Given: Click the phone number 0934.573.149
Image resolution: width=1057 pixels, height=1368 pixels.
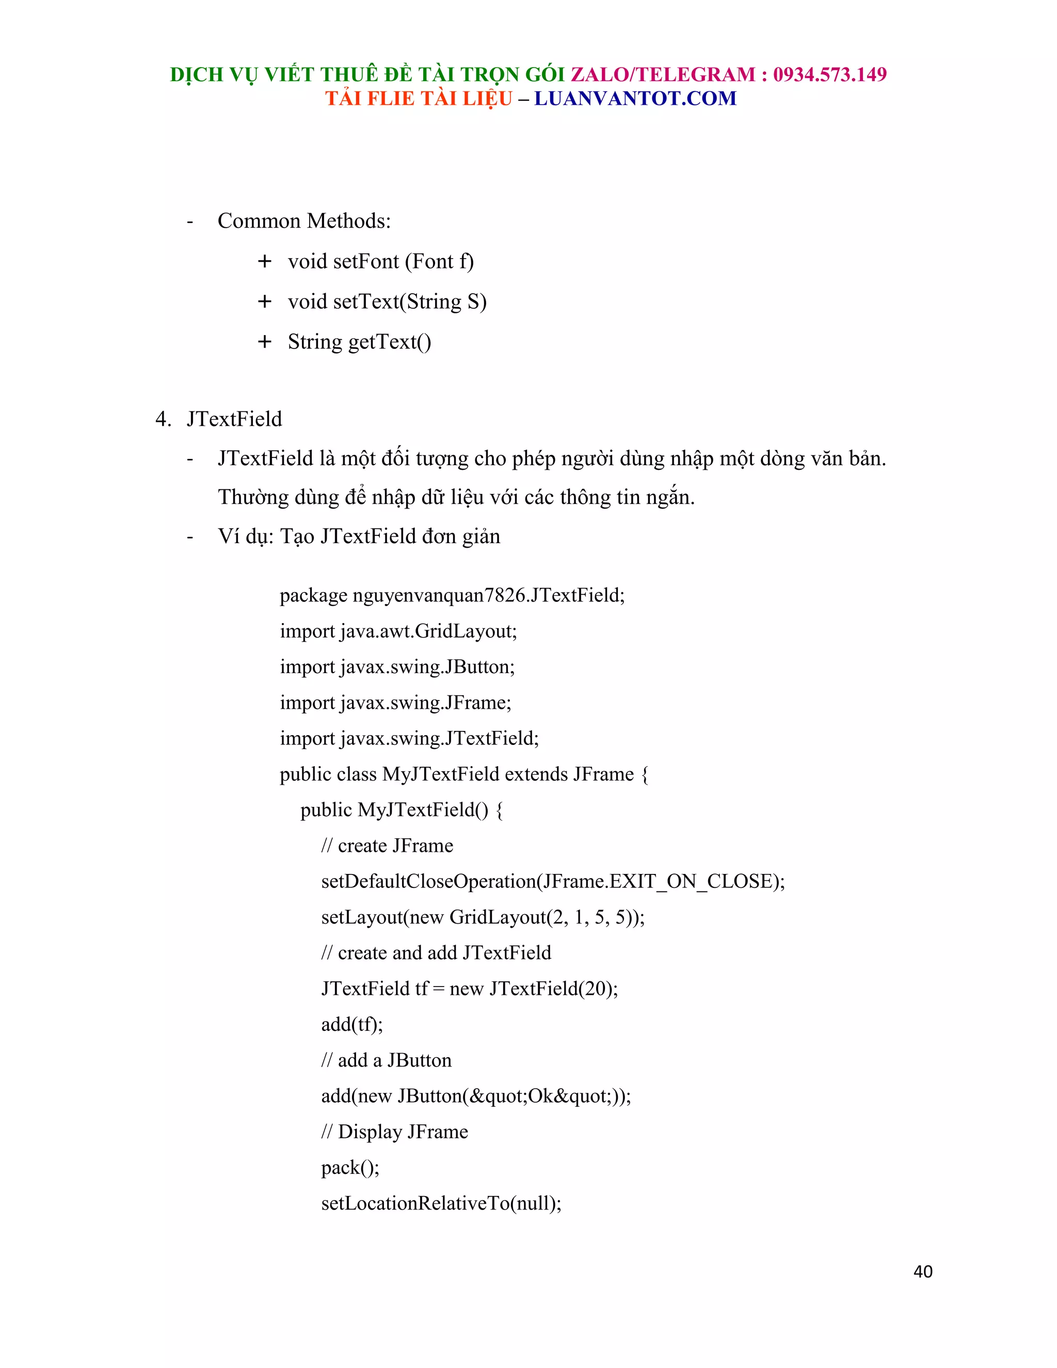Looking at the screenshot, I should click(x=830, y=74).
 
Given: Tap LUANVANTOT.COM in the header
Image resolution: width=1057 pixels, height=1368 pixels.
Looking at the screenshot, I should click(x=635, y=98).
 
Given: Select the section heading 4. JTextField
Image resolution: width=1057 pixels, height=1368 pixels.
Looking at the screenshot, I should click(x=219, y=419).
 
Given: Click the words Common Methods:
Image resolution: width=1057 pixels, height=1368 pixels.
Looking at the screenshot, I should click(x=303, y=221).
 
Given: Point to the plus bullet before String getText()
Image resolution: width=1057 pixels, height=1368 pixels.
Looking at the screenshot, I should click(x=264, y=341).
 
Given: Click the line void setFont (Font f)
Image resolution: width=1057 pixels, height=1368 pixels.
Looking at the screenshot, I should click(x=381, y=261).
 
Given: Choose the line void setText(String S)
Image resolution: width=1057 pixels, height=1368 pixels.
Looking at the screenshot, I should click(x=387, y=301).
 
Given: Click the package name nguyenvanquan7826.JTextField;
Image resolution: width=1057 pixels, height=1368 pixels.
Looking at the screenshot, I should click(x=488, y=595).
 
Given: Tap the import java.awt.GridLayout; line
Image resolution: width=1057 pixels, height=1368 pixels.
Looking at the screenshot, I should click(x=398, y=631).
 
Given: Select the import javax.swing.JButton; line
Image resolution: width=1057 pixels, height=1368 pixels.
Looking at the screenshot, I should click(x=397, y=666).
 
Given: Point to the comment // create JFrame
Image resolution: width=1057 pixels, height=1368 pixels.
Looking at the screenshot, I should click(x=387, y=846).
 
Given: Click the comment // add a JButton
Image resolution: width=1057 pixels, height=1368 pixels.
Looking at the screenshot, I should click(x=386, y=1060).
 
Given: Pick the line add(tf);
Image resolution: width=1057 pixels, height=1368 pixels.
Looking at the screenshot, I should click(x=351, y=1024).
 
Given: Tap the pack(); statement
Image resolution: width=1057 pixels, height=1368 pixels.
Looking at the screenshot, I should click(x=350, y=1168).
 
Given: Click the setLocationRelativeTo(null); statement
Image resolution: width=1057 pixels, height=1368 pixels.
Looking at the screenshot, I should click(x=441, y=1203).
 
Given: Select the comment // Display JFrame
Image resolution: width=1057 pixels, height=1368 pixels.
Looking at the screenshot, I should click(x=394, y=1132).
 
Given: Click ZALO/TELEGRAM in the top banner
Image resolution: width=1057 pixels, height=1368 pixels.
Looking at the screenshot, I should click(x=663, y=74).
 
